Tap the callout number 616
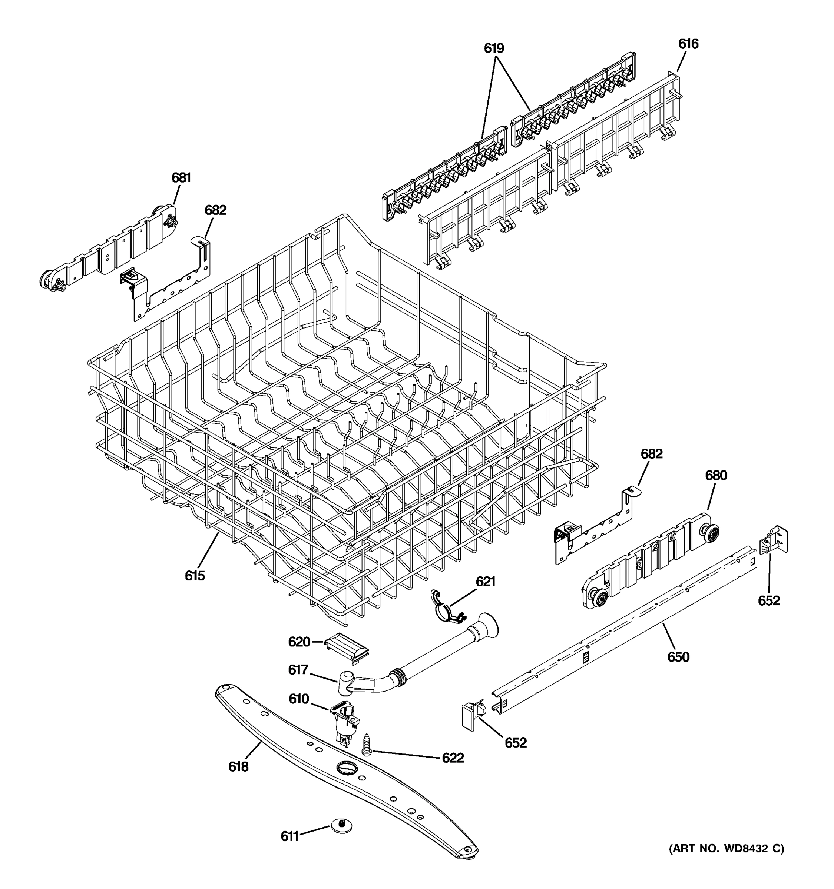(x=688, y=44)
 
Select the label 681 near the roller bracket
(x=181, y=178)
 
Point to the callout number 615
(x=195, y=576)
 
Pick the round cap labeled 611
(x=341, y=826)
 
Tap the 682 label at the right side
(x=652, y=454)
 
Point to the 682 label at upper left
(x=215, y=210)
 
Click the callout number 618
(x=238, y=767)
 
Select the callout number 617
(x=298, y=670)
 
